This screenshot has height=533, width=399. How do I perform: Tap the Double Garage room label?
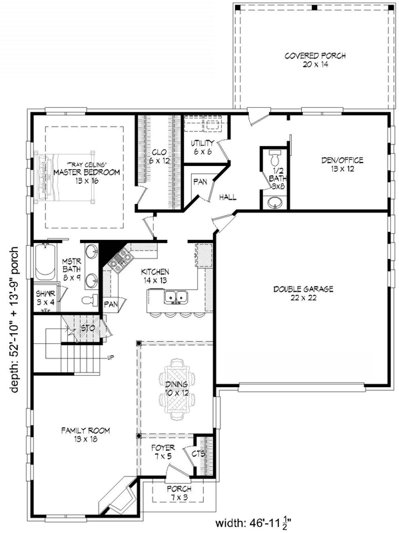coord(302,293)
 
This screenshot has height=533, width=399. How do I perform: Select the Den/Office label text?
coord(339,164)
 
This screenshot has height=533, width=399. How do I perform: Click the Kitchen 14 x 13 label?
coord(155,276)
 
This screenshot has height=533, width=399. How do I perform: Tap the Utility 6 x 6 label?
coord(202,147)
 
